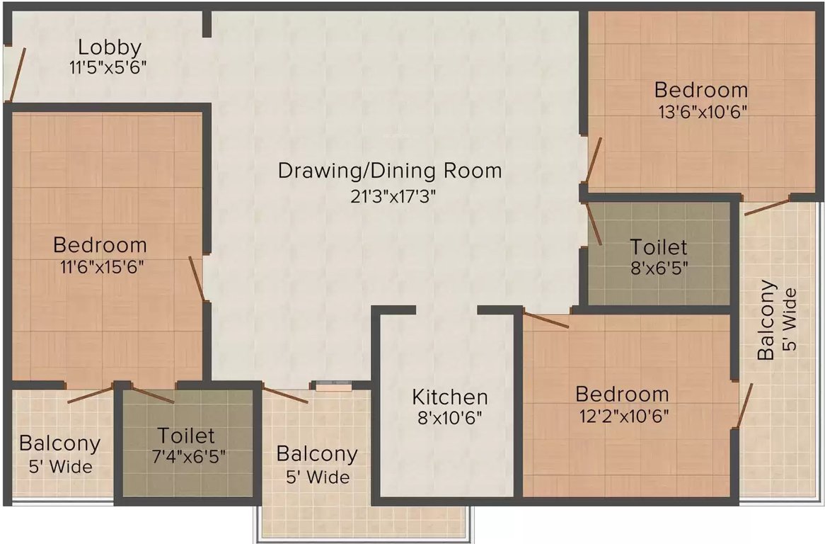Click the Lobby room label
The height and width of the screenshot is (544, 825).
[x=110, y=48]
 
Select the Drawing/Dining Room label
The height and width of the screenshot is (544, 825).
[x=390, y=171]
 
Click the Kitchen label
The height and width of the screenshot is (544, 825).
[x=450, y=397]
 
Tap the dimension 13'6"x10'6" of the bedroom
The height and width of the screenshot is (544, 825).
[x=700, y=111]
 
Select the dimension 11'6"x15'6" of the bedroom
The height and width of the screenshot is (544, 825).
[x=100, y=267]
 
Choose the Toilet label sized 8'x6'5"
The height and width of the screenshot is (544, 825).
[x=659, y=247]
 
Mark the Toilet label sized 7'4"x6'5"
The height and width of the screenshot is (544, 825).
[x=186, y=434]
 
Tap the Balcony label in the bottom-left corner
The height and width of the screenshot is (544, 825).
[x=59, y=444]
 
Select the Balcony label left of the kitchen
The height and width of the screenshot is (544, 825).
[x=317, y=453]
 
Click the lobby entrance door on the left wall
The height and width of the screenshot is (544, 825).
[x=16, y=74]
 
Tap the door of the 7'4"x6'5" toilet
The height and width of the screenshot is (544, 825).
[x=151, y=395]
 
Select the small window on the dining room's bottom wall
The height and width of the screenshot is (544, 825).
[x=333, y=386]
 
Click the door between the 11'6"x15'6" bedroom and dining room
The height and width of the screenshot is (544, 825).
[x=197, y=278]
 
